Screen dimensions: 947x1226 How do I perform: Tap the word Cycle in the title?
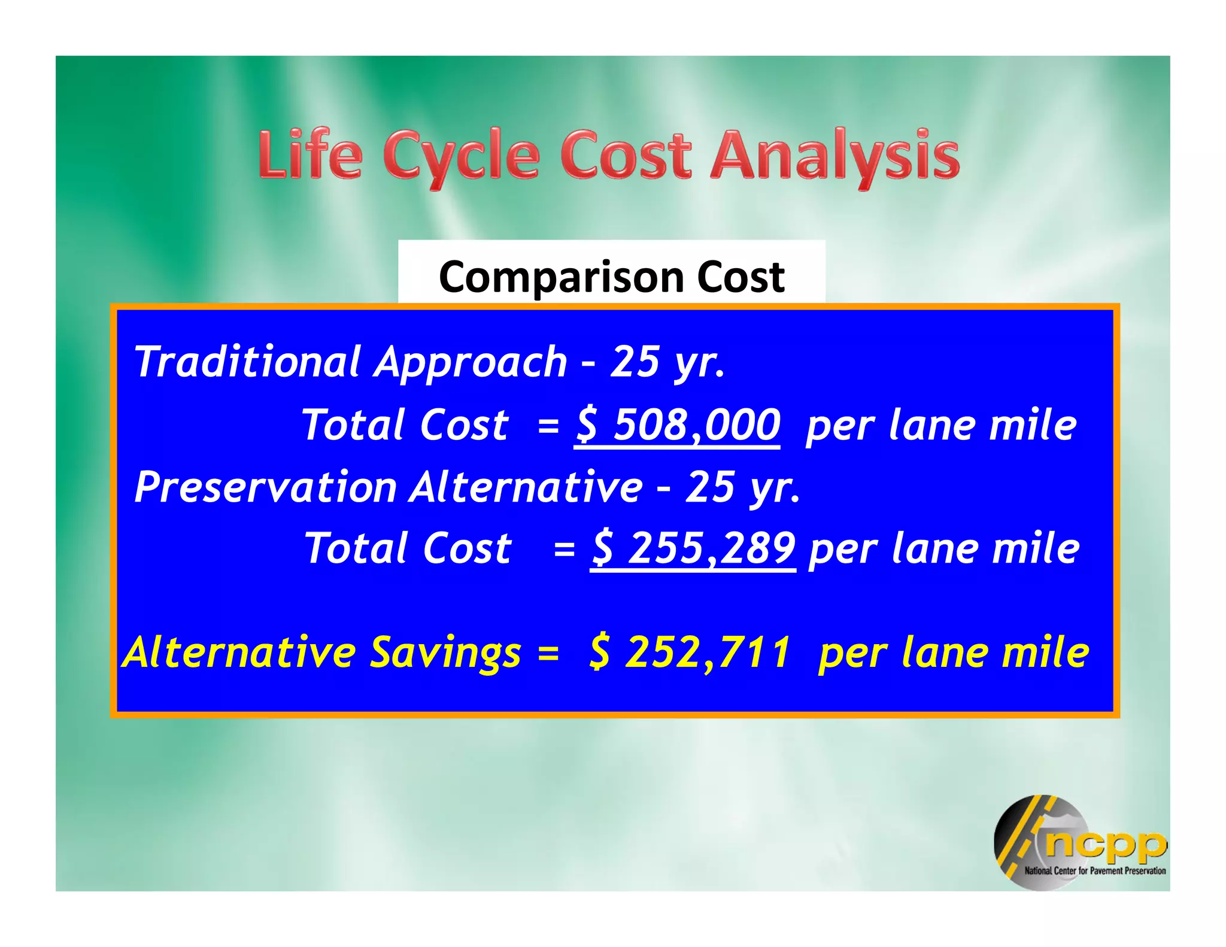[x=461, y=157]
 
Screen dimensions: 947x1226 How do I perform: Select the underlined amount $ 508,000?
[x=678, y=425]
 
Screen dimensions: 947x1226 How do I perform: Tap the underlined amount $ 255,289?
[x=693, y=548]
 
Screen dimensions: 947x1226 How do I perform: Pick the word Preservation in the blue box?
[x=266, y=487]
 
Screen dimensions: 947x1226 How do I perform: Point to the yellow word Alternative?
[x=239, y=652]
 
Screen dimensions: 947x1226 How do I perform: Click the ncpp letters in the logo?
[x=1105, y=844]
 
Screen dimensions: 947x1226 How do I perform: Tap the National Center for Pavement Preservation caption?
[x=1095, y=871]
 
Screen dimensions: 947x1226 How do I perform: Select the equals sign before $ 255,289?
[x=565, y=550]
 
